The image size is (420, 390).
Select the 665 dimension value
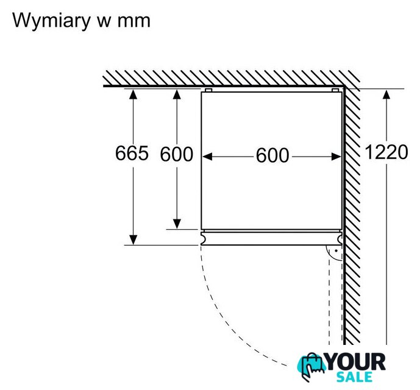(132, 154)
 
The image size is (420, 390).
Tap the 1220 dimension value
(386, 152)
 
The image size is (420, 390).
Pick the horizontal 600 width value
(272, 156)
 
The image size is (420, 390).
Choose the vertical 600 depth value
(176, 155)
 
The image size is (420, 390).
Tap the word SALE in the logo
(356, 378)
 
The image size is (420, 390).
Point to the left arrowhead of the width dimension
(207, 157)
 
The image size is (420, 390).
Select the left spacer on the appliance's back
(208, 90)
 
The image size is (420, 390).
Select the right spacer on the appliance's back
(335, 90)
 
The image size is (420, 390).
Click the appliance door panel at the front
(271, 238)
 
